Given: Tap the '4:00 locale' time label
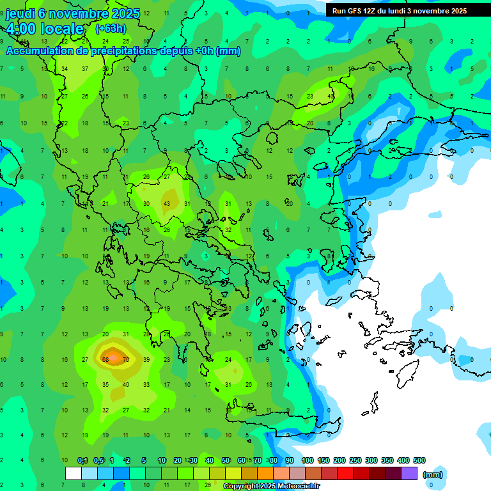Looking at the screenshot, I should click(45, 29).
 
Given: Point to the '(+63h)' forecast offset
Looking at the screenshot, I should click(111, 29).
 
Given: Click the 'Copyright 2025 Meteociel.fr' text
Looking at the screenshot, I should click(271, 487).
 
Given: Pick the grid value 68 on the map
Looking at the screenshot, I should click(105, 360).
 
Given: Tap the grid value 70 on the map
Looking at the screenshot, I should click(126, 360).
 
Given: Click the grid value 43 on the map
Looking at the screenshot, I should click(167, 203).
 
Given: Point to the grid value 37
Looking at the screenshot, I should click(85, 68).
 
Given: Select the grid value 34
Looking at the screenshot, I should click(65, 68).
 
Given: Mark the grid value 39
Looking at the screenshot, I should click(146, 360).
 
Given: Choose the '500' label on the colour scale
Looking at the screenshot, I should click(419, 461).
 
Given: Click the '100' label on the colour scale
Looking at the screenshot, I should click(308, 461).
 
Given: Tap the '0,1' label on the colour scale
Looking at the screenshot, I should click(82, 461).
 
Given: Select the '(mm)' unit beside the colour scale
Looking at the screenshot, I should click(433, 474).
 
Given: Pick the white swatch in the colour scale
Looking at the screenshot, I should click(74, 474).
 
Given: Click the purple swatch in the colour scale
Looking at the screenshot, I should click(409, 474).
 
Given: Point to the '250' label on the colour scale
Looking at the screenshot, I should click(355, 461).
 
